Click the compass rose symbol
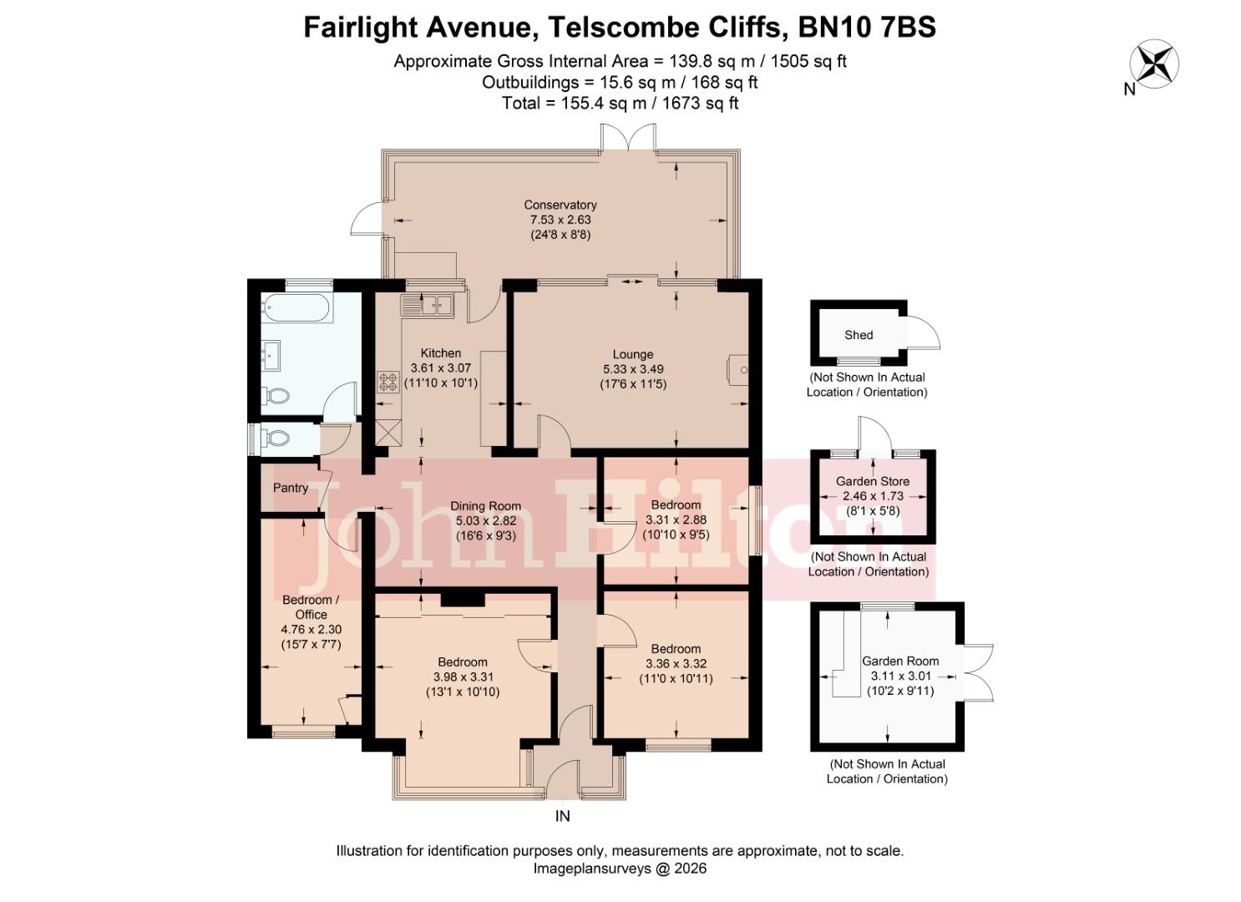1153,64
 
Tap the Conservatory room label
560,205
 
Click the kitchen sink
436,305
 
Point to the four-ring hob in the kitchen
389,382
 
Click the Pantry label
291,488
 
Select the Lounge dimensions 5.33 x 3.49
633,369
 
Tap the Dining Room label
485,506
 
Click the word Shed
858,335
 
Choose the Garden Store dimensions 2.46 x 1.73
873,496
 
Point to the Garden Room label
900,661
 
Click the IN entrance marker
562,816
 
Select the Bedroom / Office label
311,607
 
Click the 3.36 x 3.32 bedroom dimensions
676,664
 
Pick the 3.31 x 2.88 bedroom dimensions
676,519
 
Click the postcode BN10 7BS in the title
867,28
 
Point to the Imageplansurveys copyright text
620,869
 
